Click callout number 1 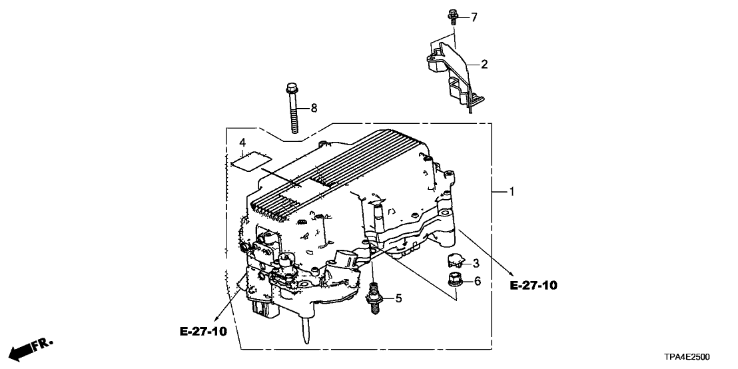(512, 192)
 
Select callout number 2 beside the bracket (484, 64)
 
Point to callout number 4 (243, 143)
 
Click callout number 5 (398, 299)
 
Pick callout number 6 (476, 282)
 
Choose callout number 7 (474, 17)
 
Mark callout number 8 (314, 107)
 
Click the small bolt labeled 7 (453, 15)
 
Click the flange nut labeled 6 (456, 282)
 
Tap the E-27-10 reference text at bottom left (203, 330)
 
